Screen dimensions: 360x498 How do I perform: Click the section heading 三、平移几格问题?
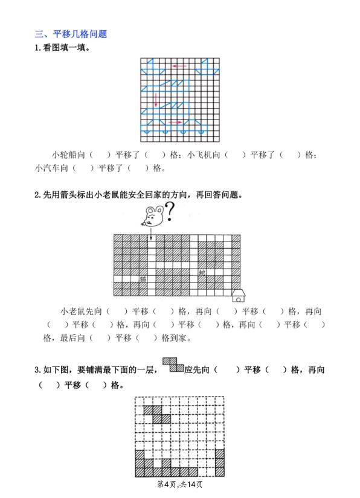click(71, 34)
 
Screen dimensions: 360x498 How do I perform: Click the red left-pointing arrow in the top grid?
click(179, 66)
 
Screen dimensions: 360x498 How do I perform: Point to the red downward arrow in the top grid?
click(155, 100)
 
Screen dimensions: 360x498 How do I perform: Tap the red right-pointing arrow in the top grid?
click(175, 123)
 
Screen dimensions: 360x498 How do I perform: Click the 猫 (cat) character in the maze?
click(143, 279)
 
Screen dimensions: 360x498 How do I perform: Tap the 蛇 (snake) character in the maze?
click(202, 272)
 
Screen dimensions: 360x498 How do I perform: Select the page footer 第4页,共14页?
click(179, 485)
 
